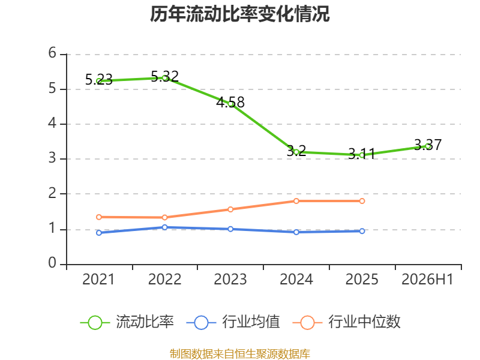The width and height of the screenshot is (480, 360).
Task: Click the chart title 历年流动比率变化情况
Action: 239,14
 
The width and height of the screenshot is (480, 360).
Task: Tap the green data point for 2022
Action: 164,78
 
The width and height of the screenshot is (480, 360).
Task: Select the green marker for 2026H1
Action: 428,146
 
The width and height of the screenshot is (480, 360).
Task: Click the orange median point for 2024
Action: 296,201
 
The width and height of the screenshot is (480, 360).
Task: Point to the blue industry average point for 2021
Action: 99,233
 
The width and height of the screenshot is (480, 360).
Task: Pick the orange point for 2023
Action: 230,209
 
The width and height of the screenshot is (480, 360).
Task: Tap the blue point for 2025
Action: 362,231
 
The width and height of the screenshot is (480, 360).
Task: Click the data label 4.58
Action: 230,102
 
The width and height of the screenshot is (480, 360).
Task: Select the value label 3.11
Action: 362,154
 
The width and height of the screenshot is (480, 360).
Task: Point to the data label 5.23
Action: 99,80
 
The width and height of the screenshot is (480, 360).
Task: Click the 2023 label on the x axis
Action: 230,279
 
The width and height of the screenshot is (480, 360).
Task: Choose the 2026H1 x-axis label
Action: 427,279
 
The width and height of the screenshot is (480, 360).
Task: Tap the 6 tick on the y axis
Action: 52,53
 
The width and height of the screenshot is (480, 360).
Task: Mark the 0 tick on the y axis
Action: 52,263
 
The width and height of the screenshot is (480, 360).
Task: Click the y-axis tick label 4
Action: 52,123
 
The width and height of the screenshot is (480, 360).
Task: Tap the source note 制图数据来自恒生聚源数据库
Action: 239,353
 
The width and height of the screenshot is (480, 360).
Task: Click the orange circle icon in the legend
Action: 307,323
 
